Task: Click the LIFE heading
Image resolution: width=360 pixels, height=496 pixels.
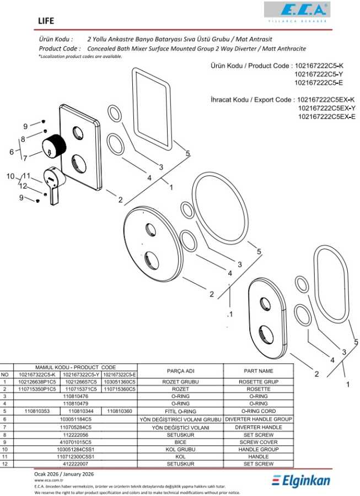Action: coord(46,21)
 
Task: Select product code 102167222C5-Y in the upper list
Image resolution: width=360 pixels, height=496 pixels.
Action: coord(319,74)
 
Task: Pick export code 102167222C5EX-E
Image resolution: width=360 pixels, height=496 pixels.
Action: coord(326,117)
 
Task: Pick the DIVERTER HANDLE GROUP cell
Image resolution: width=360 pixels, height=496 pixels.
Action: coord(258,419)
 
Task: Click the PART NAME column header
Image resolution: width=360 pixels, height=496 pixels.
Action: coord(258,371)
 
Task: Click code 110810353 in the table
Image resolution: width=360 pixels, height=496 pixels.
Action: coord(37,411)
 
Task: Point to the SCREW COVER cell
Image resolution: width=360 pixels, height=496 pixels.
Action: coord(258,442)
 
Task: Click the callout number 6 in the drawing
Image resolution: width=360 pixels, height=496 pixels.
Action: coord(11,152)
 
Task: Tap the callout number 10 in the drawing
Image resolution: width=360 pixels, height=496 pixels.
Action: coord(9,176)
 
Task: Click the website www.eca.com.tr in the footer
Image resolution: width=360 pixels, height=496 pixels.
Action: coord(47,481)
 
